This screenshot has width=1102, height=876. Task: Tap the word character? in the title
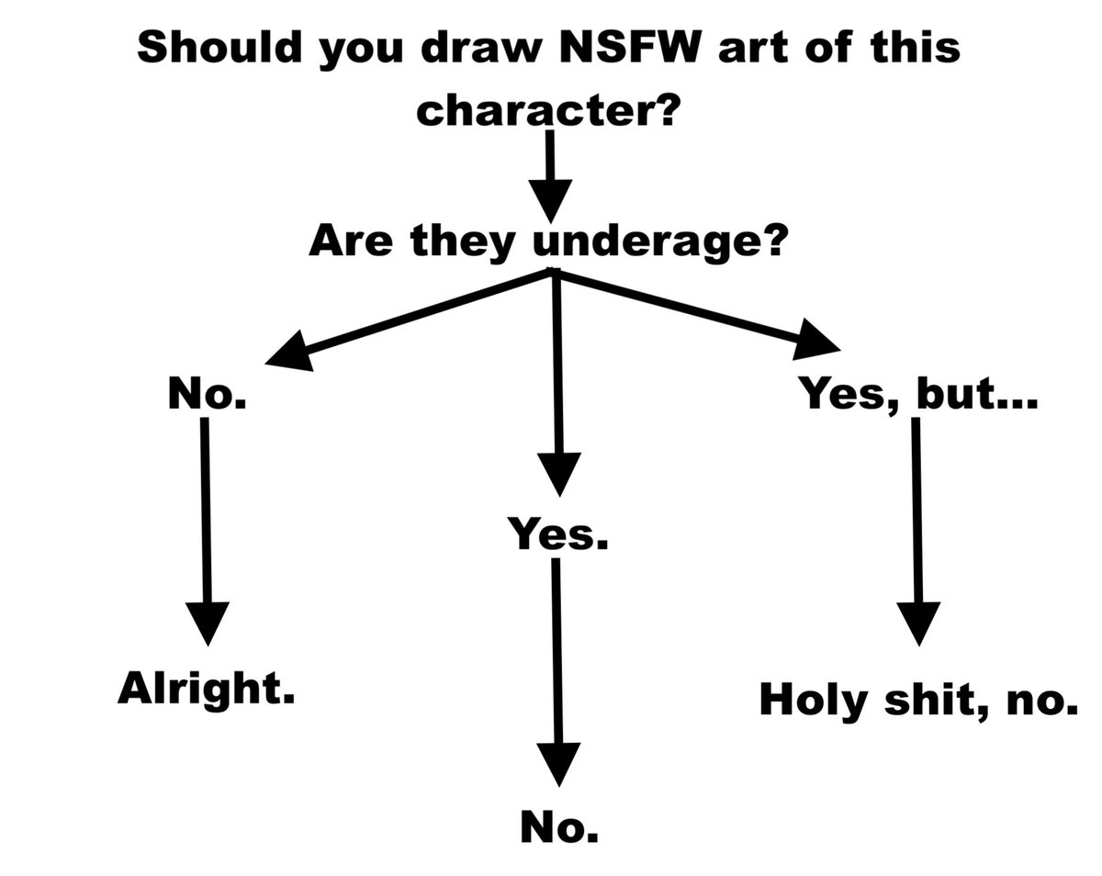(x=548, y=112)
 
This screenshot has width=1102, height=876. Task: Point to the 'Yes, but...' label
(x=916, y=395)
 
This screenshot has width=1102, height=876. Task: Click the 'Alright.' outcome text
(x=206, y=688)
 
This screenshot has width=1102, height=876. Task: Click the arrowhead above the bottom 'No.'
(x=557, y=761)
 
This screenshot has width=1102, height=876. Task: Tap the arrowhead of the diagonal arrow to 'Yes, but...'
(x=815, y=340)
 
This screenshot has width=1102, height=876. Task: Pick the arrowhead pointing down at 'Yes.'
(x=557, y=472)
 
